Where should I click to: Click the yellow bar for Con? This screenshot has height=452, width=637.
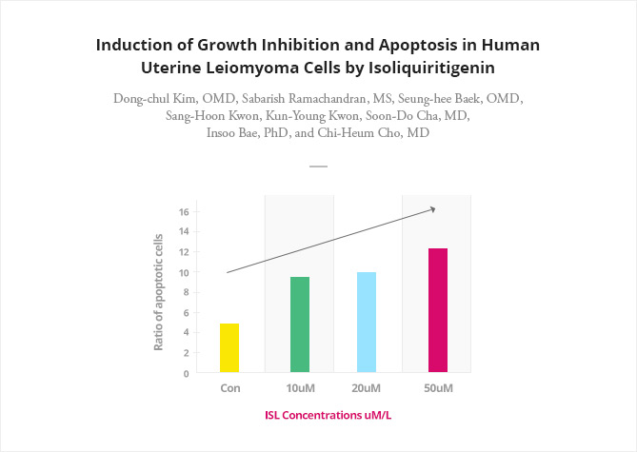point(229,347)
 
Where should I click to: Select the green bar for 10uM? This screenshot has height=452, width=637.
point(300,324)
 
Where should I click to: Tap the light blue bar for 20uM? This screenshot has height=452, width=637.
point(367,322)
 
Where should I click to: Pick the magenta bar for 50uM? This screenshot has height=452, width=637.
point(438,310)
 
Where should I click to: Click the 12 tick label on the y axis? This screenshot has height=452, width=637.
point(184,252)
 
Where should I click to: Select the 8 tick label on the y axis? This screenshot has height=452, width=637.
point(186,292)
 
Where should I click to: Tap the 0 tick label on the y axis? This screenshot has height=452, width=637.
point(186,373)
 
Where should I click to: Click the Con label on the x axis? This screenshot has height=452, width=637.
point(230,388)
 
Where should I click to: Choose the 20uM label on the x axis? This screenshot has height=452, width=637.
point(367,388)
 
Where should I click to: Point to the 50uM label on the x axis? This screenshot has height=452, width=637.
point(438,388)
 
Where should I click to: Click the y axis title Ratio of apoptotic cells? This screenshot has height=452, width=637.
point(158,292)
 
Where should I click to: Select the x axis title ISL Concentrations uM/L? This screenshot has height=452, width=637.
point(328,416)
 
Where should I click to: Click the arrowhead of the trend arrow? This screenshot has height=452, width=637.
point(433,209)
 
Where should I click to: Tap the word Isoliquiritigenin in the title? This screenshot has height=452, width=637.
point(431,68)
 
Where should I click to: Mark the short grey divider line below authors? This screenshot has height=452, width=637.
point(318,167)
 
